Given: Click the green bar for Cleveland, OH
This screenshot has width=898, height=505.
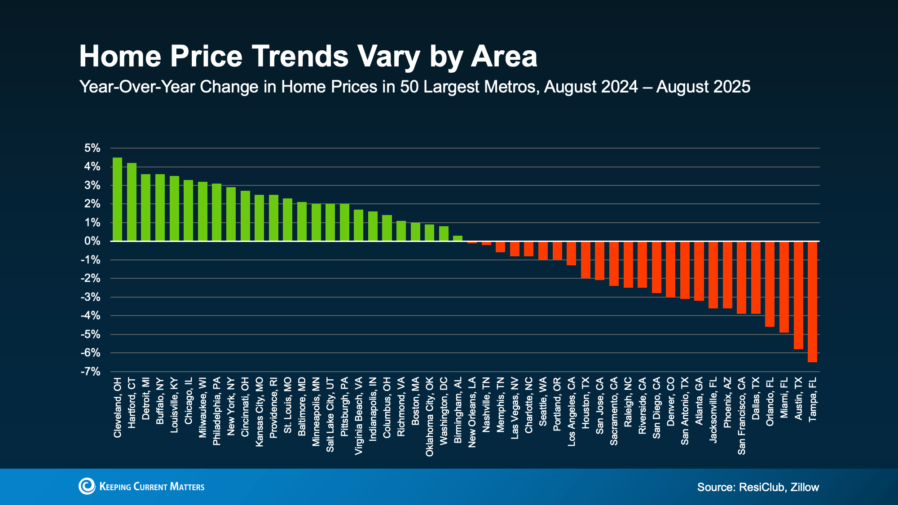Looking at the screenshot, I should (117, 199).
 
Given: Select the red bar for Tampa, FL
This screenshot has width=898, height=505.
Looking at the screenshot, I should (812, 302).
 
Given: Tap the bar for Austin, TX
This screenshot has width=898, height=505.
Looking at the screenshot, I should (798, 295).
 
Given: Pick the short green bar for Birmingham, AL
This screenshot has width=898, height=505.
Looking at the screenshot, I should (458, 238).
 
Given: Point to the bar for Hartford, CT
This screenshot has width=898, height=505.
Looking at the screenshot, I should (132, 202).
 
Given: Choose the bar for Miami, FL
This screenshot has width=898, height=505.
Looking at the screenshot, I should (784, 287).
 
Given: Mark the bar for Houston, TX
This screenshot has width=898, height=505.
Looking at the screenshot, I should (585, 260).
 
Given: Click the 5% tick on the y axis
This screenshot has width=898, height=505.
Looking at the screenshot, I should (92, 148).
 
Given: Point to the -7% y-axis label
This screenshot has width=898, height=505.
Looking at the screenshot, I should (91, 372).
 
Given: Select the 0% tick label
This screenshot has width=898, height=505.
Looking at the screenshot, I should (92, 242).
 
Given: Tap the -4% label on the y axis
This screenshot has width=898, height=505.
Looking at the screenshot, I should (91, 316).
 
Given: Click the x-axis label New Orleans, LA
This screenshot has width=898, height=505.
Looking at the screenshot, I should (472, 412).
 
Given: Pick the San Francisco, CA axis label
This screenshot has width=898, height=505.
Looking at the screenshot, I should (741, 416).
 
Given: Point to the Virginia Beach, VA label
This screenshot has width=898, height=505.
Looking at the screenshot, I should (358, 416).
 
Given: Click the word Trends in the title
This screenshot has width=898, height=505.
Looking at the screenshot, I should (300, 57).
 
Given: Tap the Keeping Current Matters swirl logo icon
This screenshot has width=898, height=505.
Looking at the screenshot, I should (87, 486).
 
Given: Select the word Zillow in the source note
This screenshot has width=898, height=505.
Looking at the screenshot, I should (805, 487).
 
